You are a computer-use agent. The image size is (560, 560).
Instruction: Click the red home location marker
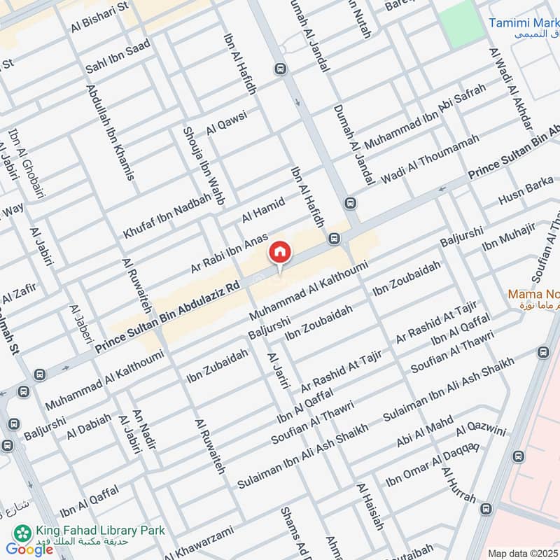(x=279, y=253)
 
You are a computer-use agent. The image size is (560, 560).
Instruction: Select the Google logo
(x=29, y=549)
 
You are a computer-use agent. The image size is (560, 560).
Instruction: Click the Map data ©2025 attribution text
(x=522, y=554)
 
